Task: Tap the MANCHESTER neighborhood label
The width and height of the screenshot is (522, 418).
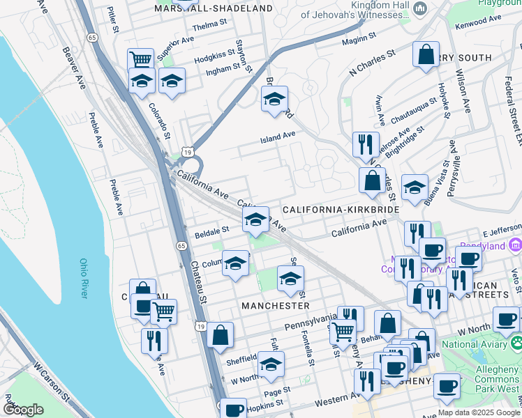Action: click(x=275, y=306)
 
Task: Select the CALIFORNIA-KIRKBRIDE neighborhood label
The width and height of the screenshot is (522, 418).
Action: click(x=341, y=209)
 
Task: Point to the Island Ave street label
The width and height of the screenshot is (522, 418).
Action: click(x=278, y=137)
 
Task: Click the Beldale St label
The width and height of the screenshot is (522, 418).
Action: click(x=212, y=229)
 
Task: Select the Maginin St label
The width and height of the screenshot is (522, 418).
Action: click(x=359, y=38)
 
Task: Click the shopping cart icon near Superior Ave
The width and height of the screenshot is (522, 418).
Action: click(x=141, y=61)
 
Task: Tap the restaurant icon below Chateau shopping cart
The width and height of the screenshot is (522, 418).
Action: click(x=153, y=340)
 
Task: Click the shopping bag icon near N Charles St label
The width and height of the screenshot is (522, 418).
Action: click(x=426, y=54)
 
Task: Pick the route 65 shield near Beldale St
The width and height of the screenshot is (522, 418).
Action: click(x=181, y=246)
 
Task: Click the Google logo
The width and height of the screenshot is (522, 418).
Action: click(x=23, y=410)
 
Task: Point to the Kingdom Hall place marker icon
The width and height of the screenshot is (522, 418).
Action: click(x=420, y=8)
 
